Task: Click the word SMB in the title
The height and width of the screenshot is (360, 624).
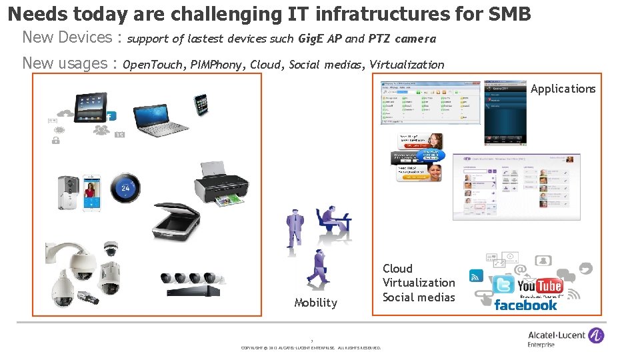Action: tap(509, 13)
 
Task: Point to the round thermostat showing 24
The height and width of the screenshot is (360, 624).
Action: tap(125, 187)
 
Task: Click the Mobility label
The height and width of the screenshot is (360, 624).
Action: tap(315, 303)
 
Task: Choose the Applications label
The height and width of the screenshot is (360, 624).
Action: tap(563, 89)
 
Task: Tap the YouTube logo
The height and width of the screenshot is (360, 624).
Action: tap(539, 286)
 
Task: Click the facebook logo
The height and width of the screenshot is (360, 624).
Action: tap(525, 305)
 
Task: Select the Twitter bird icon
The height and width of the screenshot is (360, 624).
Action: tap(503, 285)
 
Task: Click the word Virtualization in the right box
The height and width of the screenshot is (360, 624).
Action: tap(419, 283)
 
